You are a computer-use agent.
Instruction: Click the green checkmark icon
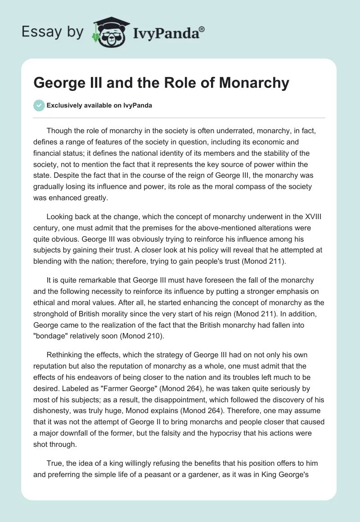coord(39,105)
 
